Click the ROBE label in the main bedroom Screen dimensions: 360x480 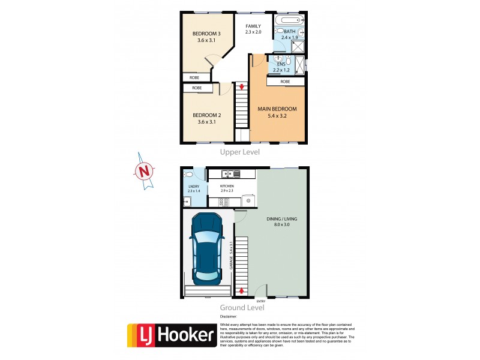pos(285,82)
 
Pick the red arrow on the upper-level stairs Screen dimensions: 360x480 pos(241,88)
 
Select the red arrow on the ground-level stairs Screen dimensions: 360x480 pos(242,291)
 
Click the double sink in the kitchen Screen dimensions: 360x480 pos(229,174)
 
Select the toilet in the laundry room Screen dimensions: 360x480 pos(190,175)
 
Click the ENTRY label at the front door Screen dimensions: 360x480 pos(260,301)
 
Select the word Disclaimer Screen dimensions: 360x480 pos(229,316)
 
